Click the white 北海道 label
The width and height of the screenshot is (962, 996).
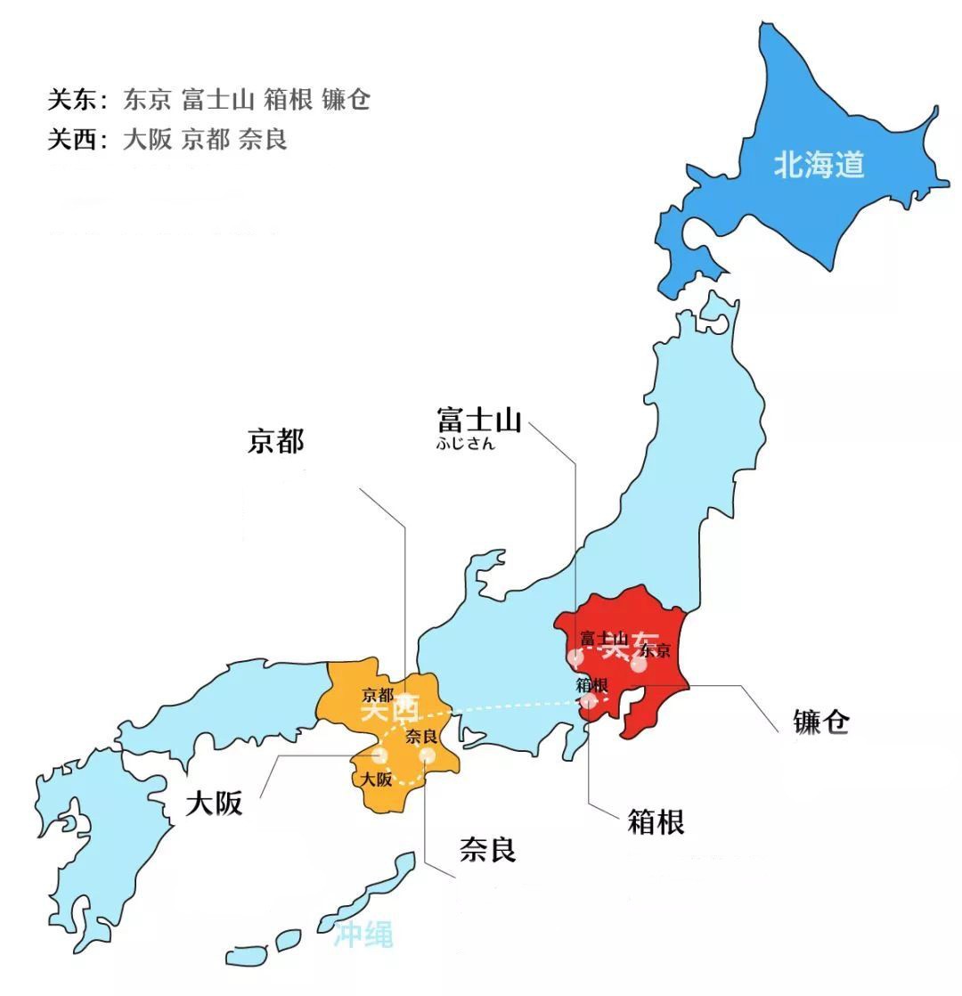(x=819, y=165)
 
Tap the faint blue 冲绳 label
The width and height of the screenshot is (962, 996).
(x=363, y=935)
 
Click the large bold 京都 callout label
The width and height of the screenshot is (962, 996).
(x=275, y=441)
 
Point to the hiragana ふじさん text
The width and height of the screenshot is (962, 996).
(x=465, y=443)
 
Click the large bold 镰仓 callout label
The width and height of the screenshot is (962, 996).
(x=820, y=722)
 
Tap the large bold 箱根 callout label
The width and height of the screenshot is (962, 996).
(x=656, y=821)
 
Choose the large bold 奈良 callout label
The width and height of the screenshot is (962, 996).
(x=487, y=849)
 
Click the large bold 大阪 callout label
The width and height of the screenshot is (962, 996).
(x=214, y=804)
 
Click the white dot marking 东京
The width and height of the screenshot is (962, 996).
(x=639, y=663)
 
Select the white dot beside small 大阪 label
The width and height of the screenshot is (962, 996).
(x=380, y=756)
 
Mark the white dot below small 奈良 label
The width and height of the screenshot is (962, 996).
(x=428, y=755)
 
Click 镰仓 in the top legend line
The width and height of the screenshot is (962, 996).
(x=346, y=100)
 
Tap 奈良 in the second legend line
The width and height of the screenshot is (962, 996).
(x=263, y=140)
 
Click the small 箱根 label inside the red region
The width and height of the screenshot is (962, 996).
(x=591, y=685)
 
